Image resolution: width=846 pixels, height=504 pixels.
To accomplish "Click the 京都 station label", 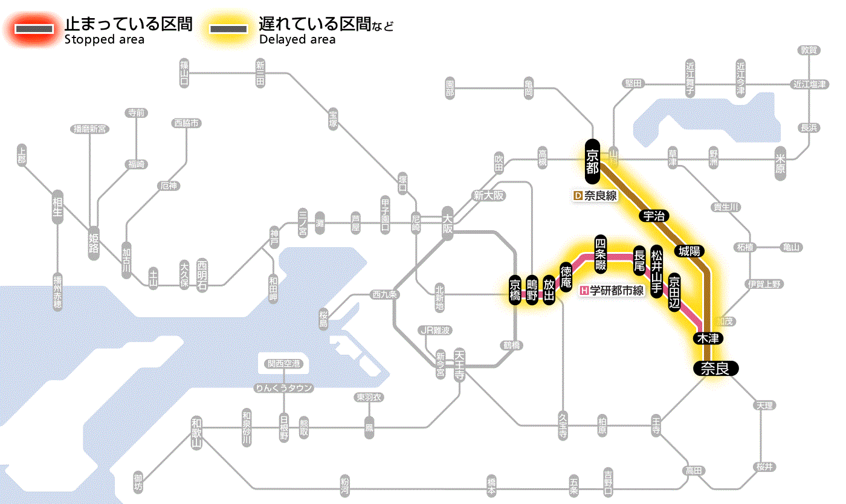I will tap(592, 161).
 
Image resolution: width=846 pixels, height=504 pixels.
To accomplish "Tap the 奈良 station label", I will tap(715, 368).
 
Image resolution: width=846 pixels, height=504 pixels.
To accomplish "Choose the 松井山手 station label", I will tap(656, 270).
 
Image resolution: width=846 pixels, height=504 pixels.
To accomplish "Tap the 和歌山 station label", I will tap(196, 432).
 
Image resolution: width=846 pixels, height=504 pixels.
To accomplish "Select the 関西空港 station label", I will tap(283, 363).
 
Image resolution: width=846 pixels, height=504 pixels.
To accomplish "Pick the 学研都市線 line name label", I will tap(612, 291).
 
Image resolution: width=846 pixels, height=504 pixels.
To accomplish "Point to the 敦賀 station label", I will tap(809, 50).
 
